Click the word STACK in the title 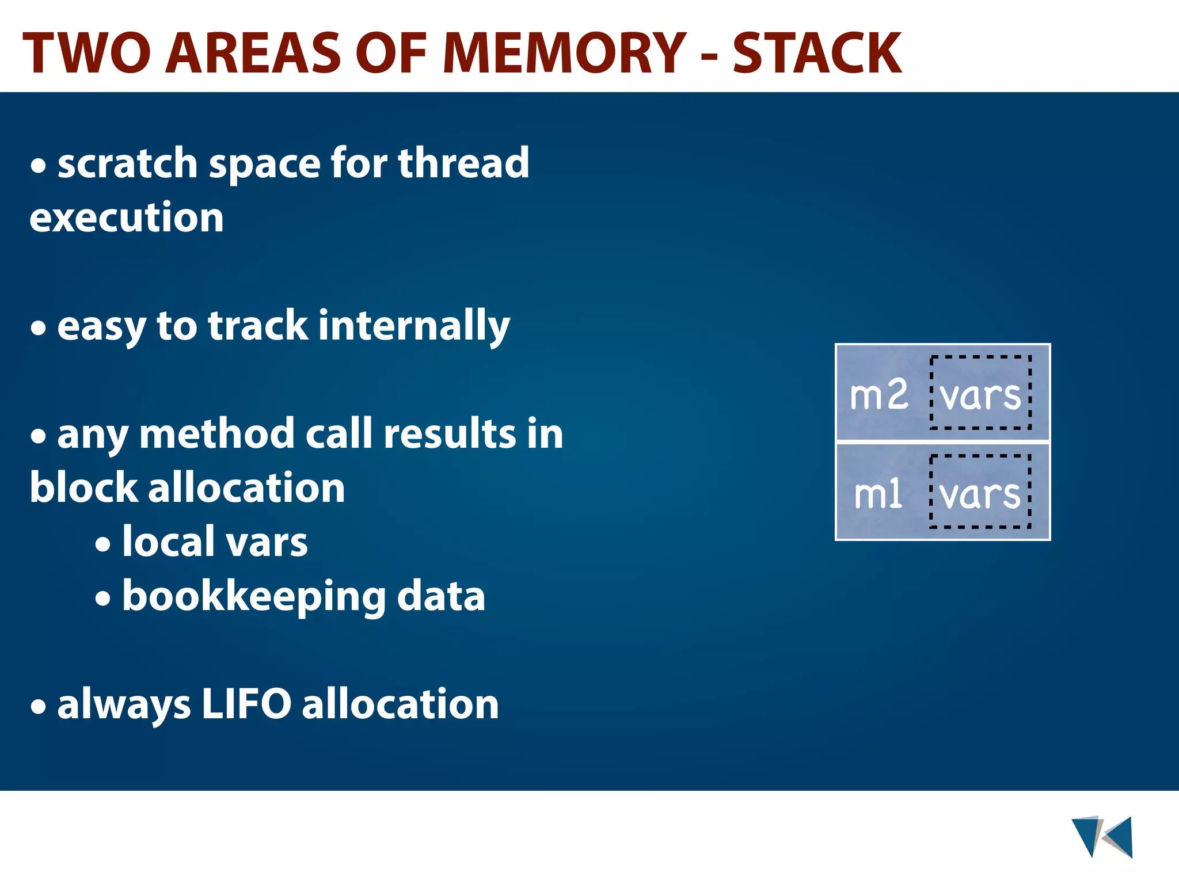pos(816,53)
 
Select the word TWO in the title pos(86,53)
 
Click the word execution pos(127,218)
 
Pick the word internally pos(414,326)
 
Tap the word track pos(258,326)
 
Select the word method pos(217,435)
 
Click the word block pos(82,488)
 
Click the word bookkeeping pos(254,597)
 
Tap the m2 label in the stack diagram pos(878,395)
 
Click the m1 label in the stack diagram pos(877,494)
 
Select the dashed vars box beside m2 pos(980,393)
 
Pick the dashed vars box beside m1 pos(980,491)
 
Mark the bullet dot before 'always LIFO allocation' pos(39,706)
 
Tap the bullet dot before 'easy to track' pos(39,329)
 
